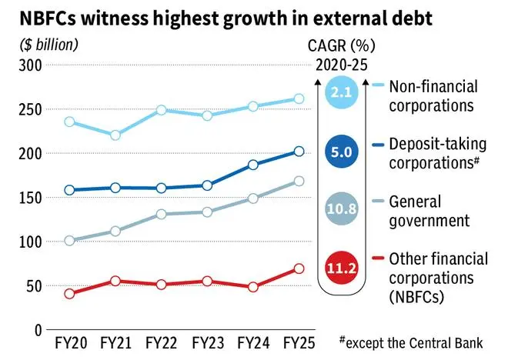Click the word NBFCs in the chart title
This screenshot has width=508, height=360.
[38, 16]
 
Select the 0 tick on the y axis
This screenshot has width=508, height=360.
[36, 330]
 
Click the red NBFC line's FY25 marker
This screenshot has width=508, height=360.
[299, 268]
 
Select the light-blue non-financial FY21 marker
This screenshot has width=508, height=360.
[116, 135]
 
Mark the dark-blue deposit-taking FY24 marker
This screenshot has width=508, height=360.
[253, 165]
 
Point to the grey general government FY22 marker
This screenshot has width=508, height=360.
[162, 214]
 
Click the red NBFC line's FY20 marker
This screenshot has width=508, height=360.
[71, 293]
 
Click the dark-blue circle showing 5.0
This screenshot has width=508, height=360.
[341, 152]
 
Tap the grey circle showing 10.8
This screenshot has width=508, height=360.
[341, 210]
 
